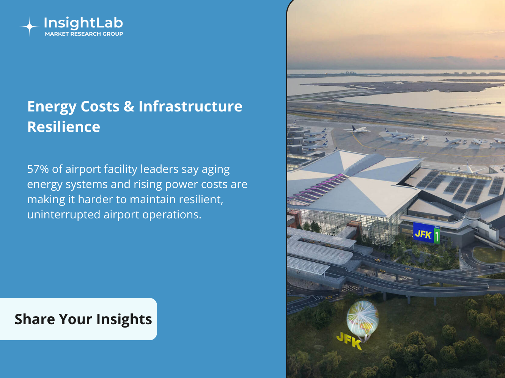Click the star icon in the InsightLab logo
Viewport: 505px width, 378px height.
30,27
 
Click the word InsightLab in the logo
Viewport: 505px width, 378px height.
83,23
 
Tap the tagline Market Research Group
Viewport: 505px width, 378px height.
84,34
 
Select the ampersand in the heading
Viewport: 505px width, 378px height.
129,106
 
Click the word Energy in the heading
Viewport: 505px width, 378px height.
52,107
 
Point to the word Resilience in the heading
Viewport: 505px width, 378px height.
64,127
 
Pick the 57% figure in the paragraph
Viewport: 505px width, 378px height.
38,169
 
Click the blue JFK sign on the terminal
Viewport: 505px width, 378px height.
423,232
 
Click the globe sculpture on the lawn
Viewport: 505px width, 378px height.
362,318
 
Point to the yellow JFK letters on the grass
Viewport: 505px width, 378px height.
349,341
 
